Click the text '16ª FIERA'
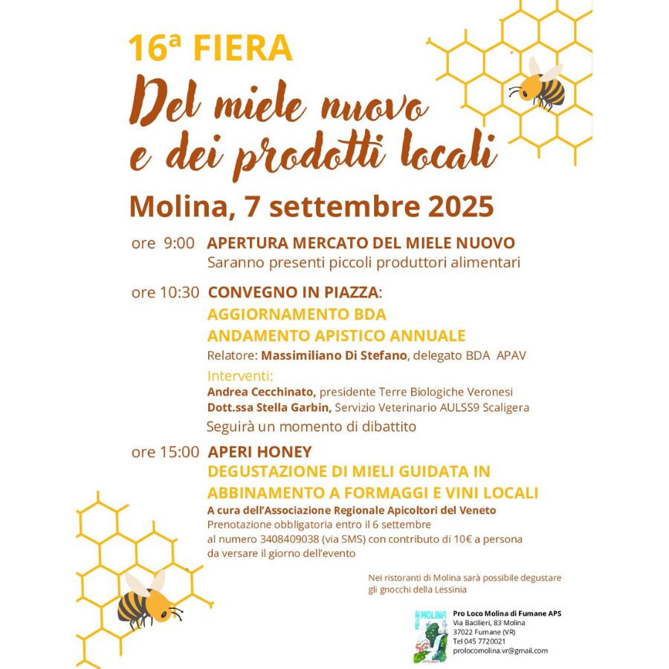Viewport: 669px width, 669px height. [x=210, y=48]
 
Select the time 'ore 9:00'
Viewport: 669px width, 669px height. [x=163, y=244]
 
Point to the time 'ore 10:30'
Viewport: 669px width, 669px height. [x=165, y=292]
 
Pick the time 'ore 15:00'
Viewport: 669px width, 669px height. [x=165, y=452]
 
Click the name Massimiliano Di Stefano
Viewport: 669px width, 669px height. [x=334, y=355]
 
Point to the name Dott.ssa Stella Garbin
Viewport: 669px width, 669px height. [x=270, y=407]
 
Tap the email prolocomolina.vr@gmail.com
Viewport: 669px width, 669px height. [x=500, y=650]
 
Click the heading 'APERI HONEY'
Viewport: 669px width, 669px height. [x=259, y=452]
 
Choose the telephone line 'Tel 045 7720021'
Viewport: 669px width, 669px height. [x=479, y=641]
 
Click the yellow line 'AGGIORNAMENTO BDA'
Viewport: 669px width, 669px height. [x=297, y=314]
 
